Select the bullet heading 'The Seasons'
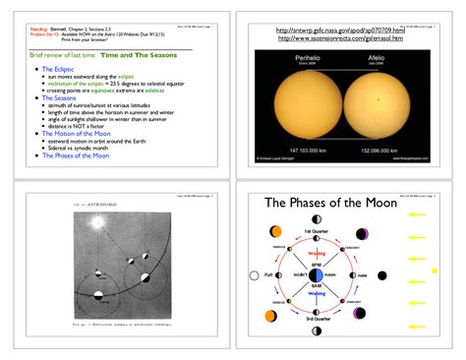pos(60,98)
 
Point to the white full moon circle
pos(255,275)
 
